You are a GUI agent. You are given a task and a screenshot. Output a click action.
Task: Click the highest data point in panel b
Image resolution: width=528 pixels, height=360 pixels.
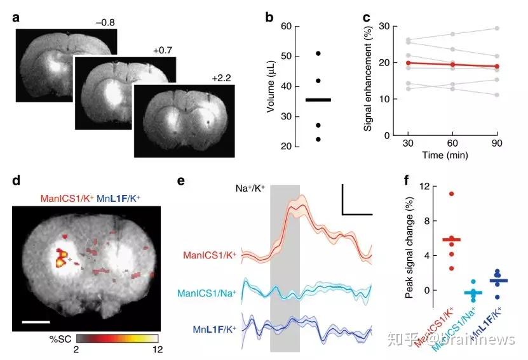[x=318, y=53]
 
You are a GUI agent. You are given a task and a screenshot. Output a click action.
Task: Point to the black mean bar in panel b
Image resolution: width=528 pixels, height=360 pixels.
[x=318, y=100]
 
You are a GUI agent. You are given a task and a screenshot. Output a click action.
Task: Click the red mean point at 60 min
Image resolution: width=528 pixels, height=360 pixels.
[x=452, y=64]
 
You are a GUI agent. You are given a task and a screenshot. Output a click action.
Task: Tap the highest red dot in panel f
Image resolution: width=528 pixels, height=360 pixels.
[x=452, y=193]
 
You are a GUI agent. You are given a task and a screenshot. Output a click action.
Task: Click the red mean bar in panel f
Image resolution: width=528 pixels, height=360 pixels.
[x=452, y=239]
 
